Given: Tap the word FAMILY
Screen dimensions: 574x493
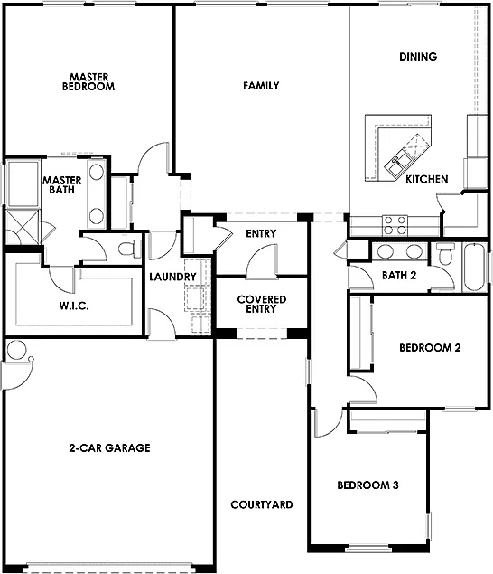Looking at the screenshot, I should pos(260,86).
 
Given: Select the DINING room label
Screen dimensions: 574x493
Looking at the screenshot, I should pos(417,57).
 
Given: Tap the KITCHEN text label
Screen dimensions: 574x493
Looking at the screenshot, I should pos(426,180).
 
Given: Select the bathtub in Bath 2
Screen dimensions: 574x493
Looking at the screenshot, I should pos(472,268).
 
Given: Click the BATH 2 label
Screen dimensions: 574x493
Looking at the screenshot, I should pos(398,276).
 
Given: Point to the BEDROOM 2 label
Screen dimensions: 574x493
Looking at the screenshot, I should pos(430,347).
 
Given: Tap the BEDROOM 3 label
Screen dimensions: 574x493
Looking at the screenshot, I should pos(367,485).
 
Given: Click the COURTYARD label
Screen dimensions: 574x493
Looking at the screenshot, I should pos(261,504).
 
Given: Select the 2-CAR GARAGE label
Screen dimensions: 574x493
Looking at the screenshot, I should pos(109,447).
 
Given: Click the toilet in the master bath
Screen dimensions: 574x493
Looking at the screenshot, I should pos(126,249).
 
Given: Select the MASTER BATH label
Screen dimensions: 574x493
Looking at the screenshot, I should pos(62,186).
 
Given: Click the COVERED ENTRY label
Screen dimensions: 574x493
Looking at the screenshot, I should pos(261,304).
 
